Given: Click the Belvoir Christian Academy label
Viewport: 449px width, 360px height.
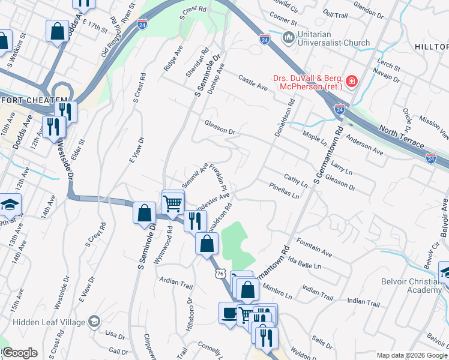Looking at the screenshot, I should tap(415, 285).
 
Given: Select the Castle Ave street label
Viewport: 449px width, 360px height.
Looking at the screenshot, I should tap(252, 83).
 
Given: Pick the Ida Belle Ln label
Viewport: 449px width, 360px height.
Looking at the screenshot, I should tap(304, 262).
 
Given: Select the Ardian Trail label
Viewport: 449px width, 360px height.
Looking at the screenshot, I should tap(175, 282).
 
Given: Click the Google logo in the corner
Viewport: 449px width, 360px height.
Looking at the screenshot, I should tap(19, 353).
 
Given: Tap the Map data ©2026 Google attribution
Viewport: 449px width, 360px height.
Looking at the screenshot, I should tap(412, 355).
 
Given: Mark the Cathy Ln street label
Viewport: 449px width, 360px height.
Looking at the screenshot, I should tap(295, 180).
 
